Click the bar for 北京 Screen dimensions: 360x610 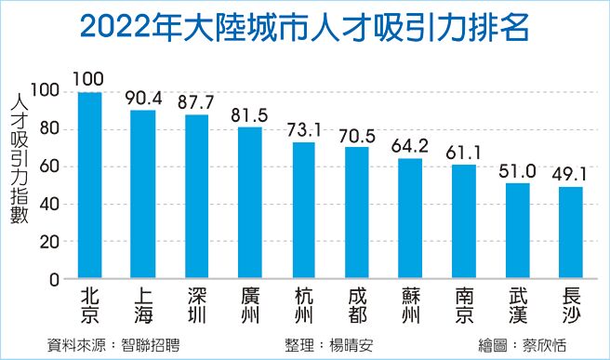coord(90,185)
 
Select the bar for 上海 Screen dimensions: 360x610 coord(143,194)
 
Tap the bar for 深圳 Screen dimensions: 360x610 coord(196,197)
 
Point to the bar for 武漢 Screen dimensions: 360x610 coord(518,231)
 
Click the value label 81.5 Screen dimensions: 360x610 coord(249,116)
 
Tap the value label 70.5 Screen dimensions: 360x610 coord(356,136)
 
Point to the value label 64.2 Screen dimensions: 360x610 coord(410,147)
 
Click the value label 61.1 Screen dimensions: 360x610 coord(464,153)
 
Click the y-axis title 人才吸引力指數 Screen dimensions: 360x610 coord(19,158)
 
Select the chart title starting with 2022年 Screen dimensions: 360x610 coord(304,26)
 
